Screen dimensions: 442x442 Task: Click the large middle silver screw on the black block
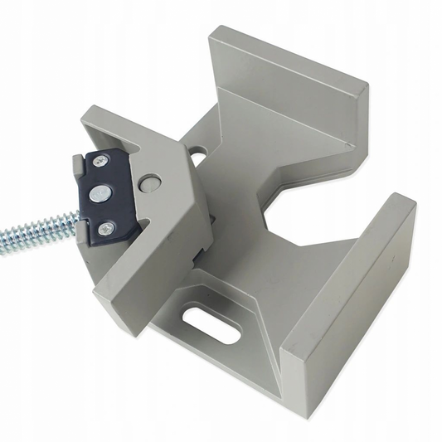pyautogui.click(x=99, y=193)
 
